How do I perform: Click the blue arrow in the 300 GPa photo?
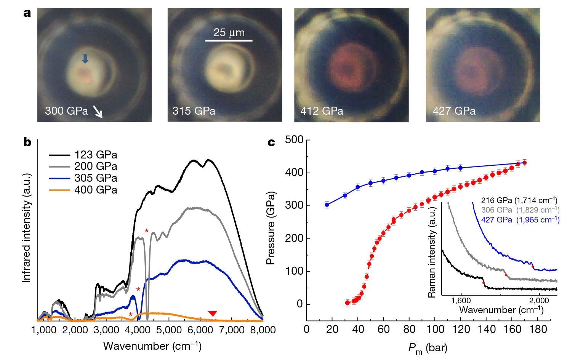tap(85, 59)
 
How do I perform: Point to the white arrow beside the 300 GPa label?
tap(98, 112)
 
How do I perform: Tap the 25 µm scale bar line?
tap(229, 40)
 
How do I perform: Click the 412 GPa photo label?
tap(322, 111)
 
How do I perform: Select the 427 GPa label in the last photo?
tap(454, 111)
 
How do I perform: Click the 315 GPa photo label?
tap(194, 111)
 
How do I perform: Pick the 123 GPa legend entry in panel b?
tap(83, 155)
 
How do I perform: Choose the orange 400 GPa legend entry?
tap(83, 189)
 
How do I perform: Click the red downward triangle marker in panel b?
tap(213, 314)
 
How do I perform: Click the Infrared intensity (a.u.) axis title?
tap(26, 228)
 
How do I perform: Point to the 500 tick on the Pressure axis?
tap(295, 140)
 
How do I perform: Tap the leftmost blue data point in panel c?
tap(327, 205)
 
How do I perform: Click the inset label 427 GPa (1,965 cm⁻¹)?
tap(520, 219)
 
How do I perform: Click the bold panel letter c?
tap(271, 142)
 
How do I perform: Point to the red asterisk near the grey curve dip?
tap(146, 231)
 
